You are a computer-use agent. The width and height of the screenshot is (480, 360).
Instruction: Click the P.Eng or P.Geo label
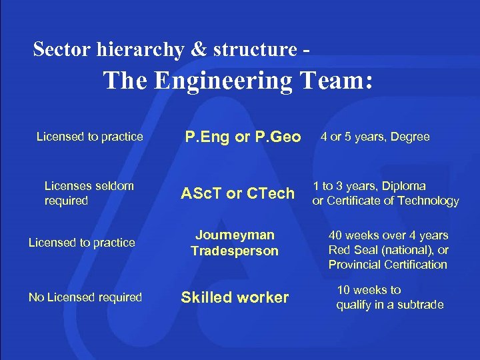click(243, 137)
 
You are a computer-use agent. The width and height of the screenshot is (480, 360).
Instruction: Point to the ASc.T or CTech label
click(238, 193)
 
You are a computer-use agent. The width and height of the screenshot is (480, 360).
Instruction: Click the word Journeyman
click(234, 235)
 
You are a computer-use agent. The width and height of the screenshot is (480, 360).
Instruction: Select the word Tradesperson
click(234, 251)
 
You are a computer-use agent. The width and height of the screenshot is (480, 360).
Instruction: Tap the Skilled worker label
click(235, 297)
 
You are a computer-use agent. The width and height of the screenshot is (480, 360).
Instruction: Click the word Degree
click(410, 137)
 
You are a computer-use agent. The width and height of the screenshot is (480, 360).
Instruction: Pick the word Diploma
click(403, 186)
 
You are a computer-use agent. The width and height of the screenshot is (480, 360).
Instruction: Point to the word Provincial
click(355, 265)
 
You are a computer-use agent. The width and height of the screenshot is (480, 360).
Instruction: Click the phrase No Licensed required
click(85, 297)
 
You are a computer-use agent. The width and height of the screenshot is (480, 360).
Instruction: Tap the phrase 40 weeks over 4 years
click(388, 235)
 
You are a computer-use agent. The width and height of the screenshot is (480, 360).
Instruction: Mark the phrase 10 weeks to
click(369, 290)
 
